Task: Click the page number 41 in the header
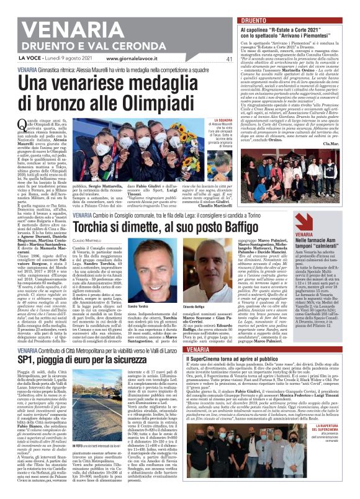click(x=212, y=59)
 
